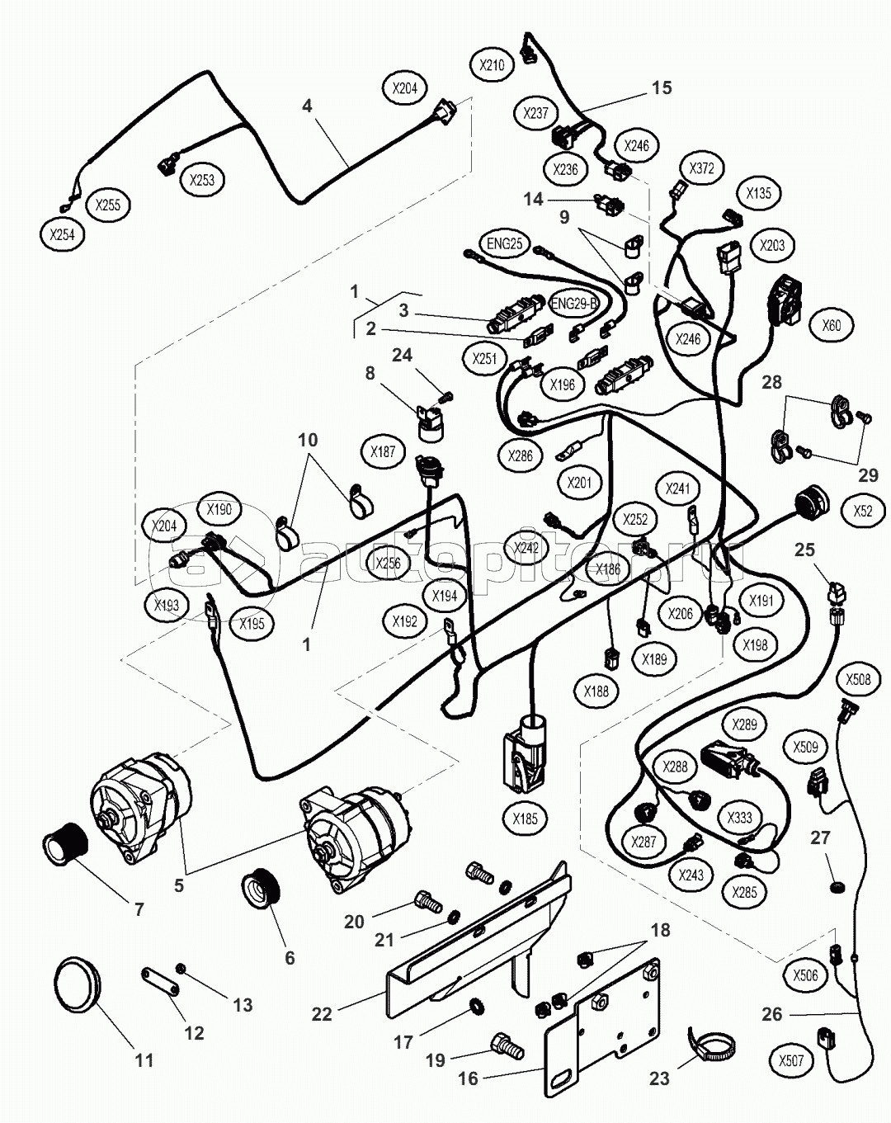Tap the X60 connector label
click(832, 325)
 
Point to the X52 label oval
click(863, 511)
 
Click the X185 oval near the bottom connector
click(525, 819)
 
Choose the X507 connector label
click(790, 1059)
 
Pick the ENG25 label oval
click(505, 244)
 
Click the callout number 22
click(322, 1013)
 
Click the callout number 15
click(662, 87)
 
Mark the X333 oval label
click(739, 818)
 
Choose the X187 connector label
click(384, 451)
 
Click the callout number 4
click(307, 106)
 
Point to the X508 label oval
click(857, 681)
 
